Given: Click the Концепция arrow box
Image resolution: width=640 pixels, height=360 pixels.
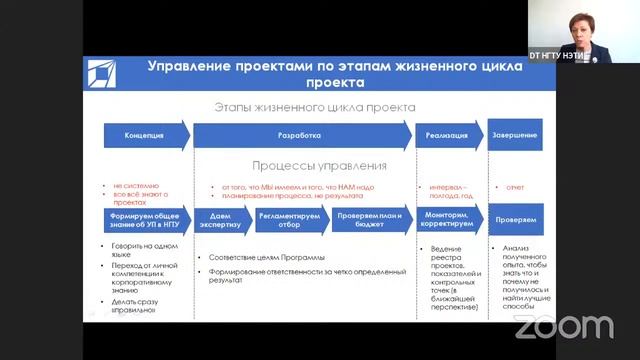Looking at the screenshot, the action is pyautogui.click(x=143, y=135).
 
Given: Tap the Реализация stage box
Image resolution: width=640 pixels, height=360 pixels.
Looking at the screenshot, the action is pyautogui.click(x=447, y=135).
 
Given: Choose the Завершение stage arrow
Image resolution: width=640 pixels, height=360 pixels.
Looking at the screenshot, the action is pyautogui.click(x=515, y=135).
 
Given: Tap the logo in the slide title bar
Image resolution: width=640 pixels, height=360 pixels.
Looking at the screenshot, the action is pyautogui.click(x=102, y=73).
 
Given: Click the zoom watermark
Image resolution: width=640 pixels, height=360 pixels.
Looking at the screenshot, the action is pyautogui.click(x=563, y=326).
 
